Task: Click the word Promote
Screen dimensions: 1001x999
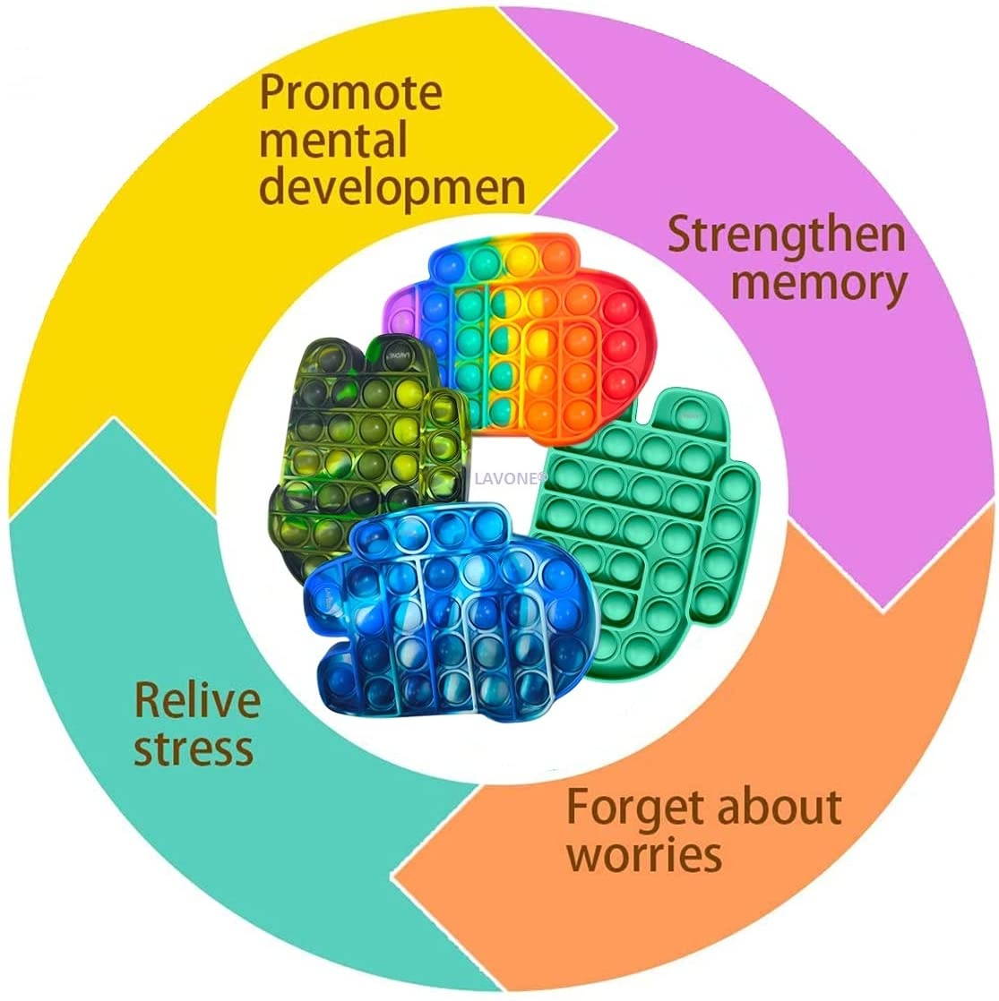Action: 350,93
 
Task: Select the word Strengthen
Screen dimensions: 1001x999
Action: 787,236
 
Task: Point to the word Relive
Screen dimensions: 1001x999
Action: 196,699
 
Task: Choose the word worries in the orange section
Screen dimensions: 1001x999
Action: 644,856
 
